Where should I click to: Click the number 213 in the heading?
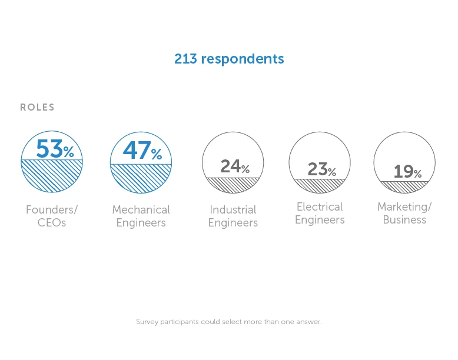185,59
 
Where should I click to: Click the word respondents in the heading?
243,59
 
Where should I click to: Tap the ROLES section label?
37,107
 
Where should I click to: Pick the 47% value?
142,151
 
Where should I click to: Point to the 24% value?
235,166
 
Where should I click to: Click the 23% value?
321,169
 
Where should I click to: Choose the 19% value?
407,171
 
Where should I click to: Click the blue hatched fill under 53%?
52,175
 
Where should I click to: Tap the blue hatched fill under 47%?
141,178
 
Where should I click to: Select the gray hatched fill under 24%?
233,185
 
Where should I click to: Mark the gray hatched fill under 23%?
320,186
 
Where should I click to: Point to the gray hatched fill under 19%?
404,187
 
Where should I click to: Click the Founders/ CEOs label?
52,216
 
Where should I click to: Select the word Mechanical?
141,209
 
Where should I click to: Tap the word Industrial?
233,209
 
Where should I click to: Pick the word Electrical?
320,206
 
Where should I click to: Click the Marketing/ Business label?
404,213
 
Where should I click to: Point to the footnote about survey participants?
229,322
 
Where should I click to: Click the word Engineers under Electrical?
320,220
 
